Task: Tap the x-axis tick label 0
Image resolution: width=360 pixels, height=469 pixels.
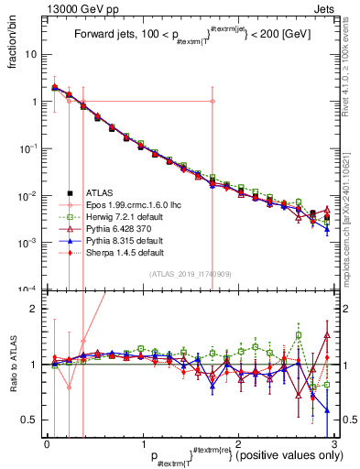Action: tap(47, 442)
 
